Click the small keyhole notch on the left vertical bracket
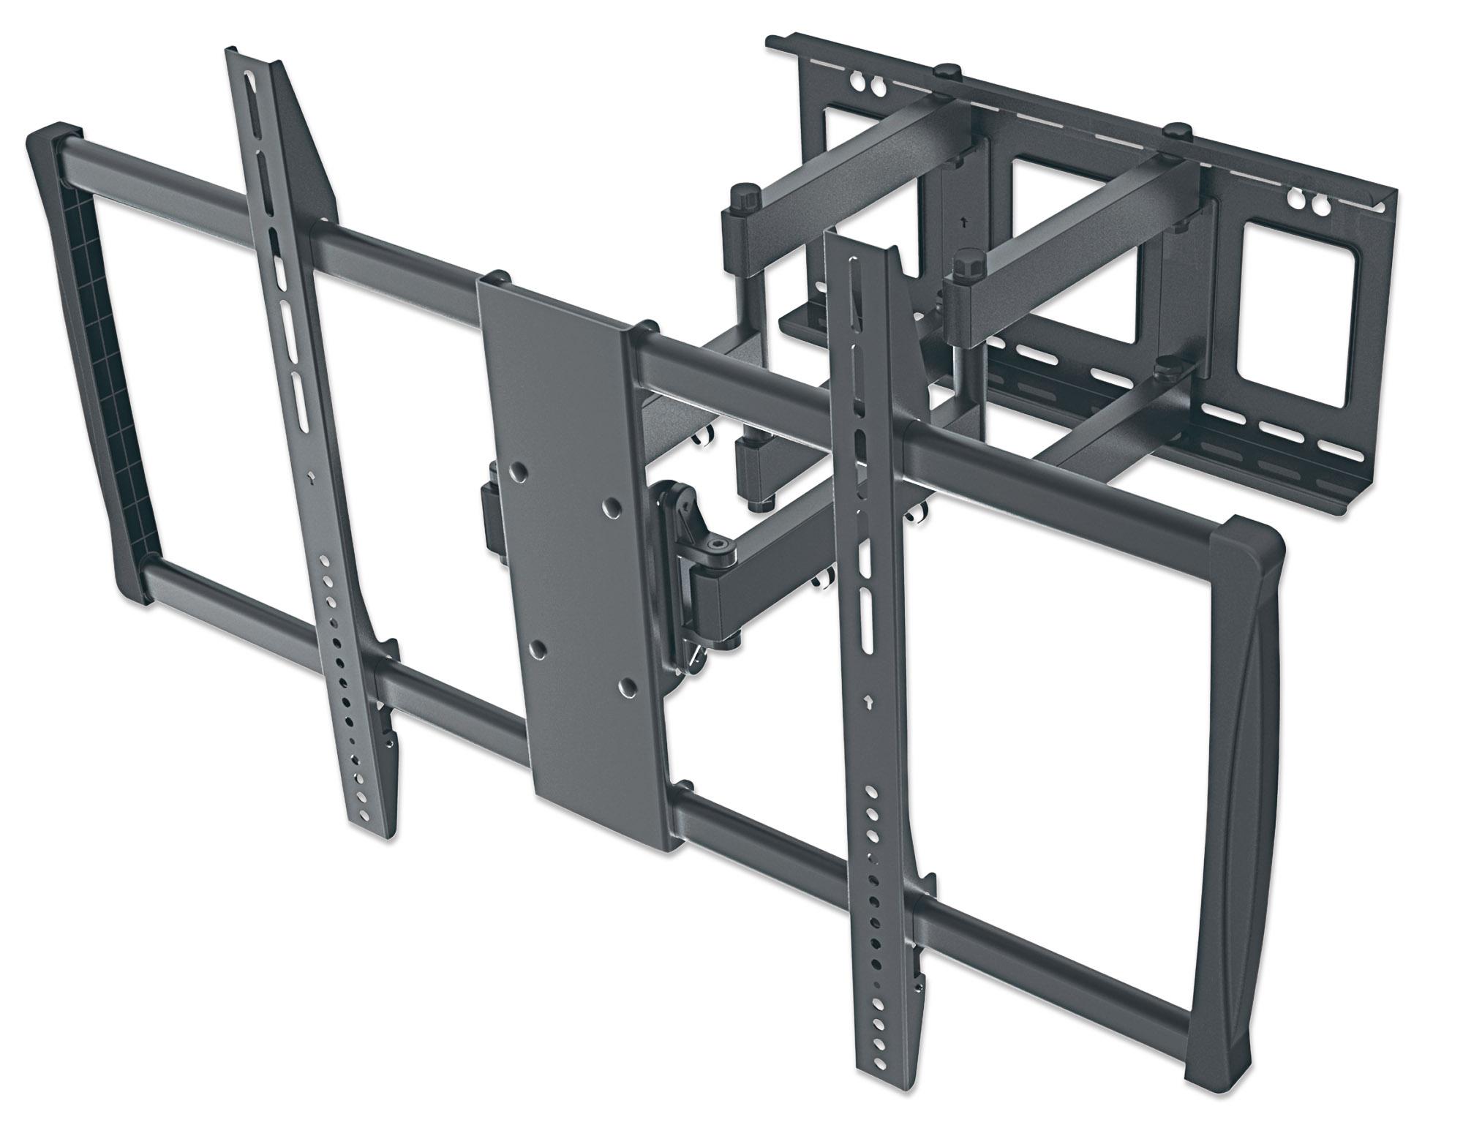click(x=312, y=476)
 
